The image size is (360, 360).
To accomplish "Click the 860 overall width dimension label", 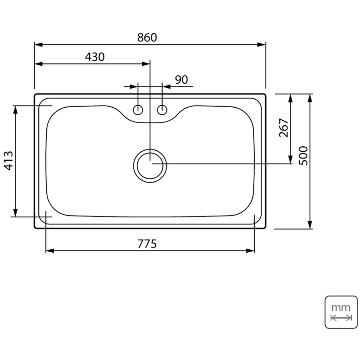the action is click(147, 38).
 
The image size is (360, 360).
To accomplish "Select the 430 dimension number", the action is click(94, 57).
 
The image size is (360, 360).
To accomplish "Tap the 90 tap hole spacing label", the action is click(181, 80).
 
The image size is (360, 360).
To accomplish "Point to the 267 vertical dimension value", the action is click(284, 128).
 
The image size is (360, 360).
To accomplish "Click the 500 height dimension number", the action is click(303, 156).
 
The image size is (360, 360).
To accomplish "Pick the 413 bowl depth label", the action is click(9, 161).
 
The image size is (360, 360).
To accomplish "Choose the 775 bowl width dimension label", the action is click(147, 244).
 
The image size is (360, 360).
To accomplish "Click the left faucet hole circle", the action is click(138, 110).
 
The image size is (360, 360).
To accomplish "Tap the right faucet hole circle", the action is click(162, 110).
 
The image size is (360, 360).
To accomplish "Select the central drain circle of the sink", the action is click(150, 166).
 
